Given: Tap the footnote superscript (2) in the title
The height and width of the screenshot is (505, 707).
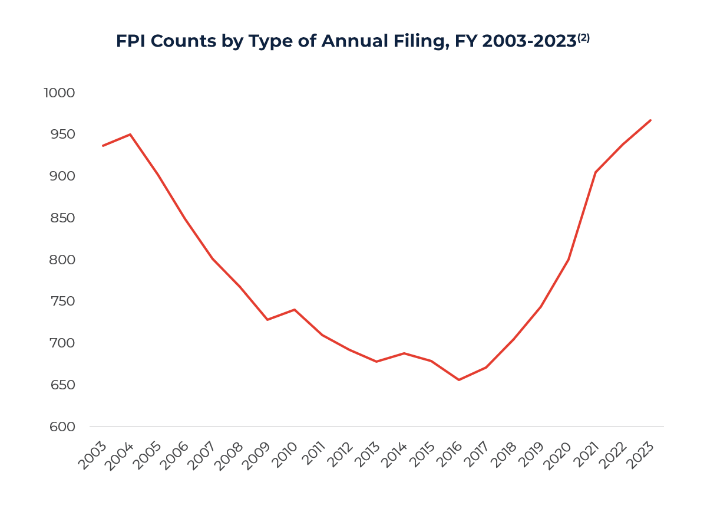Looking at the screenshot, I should click(x=583, y=37).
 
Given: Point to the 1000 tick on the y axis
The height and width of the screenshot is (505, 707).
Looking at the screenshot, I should click(x=60, y=93).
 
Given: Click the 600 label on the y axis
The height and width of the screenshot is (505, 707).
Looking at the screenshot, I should click(x=61, y=427).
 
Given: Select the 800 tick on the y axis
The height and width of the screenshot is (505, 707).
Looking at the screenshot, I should click(x=61, y=260).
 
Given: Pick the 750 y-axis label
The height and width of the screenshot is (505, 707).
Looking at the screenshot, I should click(x=61, y=301).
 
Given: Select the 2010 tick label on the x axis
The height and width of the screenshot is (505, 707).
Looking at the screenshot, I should click(x=286, y=455).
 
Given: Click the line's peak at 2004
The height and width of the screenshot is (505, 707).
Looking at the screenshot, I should click(x=130, y=135).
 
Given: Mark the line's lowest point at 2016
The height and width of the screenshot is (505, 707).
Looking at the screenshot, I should click(x=458, y=380).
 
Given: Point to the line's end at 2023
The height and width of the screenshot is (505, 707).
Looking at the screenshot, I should click(x=650, y=120).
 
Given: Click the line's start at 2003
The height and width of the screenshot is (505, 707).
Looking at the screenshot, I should click(x=103, y=146).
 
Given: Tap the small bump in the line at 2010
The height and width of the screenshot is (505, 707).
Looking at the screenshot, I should click(x=295, y=310).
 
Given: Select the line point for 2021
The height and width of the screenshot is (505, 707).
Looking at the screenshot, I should click(x=596, y=172).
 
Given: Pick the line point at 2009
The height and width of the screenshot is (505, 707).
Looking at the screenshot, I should click(x=267, y=320).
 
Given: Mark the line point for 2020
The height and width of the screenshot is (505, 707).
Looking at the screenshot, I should click(x=569, y=260).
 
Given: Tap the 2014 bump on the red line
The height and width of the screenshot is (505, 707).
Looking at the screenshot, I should click(x=404, y=353).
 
